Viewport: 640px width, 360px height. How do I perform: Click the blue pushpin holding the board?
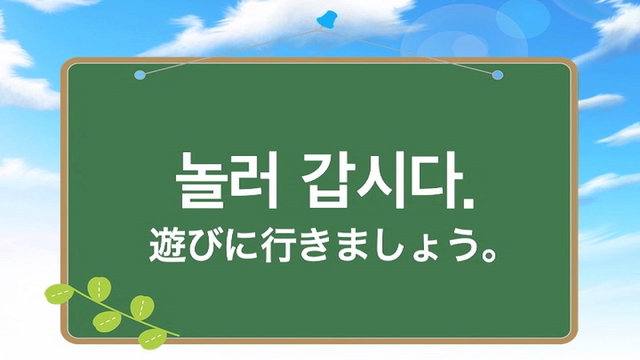[x=327, y=19]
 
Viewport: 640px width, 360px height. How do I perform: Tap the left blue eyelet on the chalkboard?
[x=140, y=75]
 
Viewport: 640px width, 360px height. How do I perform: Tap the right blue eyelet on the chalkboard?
[x=497, y=75]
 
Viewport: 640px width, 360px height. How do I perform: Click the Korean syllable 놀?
[x=202, y=181]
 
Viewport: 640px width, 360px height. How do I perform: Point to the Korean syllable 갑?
[x=326, y=181]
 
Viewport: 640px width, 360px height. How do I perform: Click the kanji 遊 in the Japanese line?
[x=166, y=245]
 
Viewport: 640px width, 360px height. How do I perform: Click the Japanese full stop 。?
[x=489, y=254]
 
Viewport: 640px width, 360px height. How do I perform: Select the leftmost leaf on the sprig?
[x=58, y=294]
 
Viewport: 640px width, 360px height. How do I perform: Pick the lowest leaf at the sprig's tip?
[x=153, y=338]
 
